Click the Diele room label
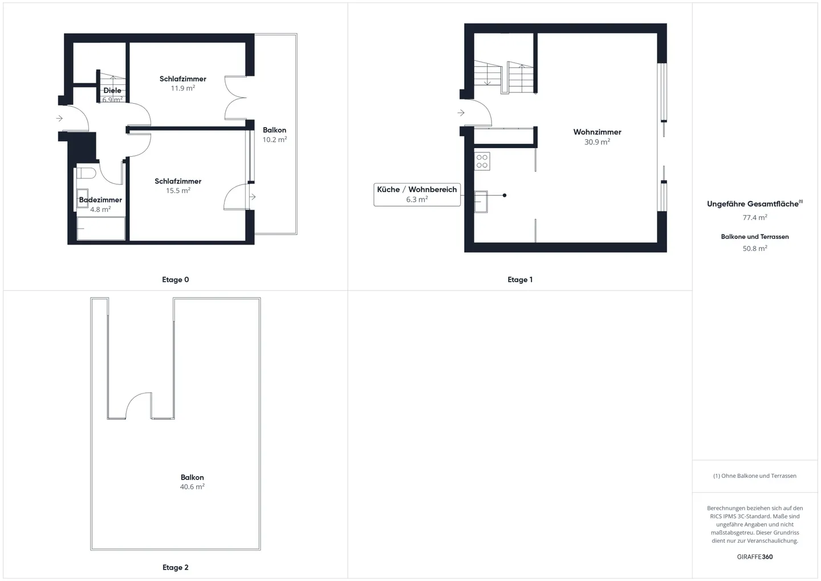click(x=112, y=91)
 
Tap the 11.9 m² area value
click(x=183, y=88)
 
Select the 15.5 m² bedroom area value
click(x=178, y=191)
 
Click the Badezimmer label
click(x=100, y=200)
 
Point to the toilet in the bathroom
click(x=86, y=173)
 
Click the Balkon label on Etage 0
click(x=274, y=130)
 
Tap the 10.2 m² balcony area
click(x=274, y=140)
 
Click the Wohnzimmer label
click(x=597, y=132)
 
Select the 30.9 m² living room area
click(x=597, y=142)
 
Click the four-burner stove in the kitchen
click(x=482, y=161)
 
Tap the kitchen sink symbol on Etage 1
click(x=481, y=201)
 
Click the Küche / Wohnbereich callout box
click(x=417, y=194)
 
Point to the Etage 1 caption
click(x=520, y=279)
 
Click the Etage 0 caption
click(x=175, y=279)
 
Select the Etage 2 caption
click(x=175, y=567)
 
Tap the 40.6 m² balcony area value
click(x=192, y=487)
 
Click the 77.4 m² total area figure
click(x=755, y=218)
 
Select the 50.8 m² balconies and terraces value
click(x=755, y=249)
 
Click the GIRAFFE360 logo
click(x=755, y=556)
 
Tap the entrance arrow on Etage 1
click(x=461, y=113)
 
